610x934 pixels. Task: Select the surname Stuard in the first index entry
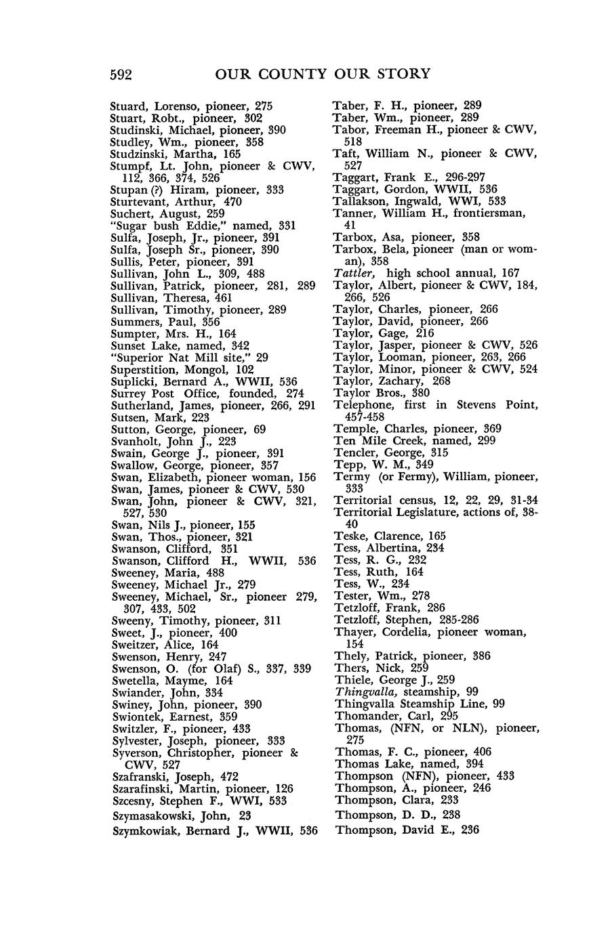129,106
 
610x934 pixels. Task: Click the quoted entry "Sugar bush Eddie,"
167,226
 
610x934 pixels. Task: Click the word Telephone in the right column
361,405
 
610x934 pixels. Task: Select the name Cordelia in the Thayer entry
402,632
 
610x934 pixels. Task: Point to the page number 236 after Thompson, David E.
469,829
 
